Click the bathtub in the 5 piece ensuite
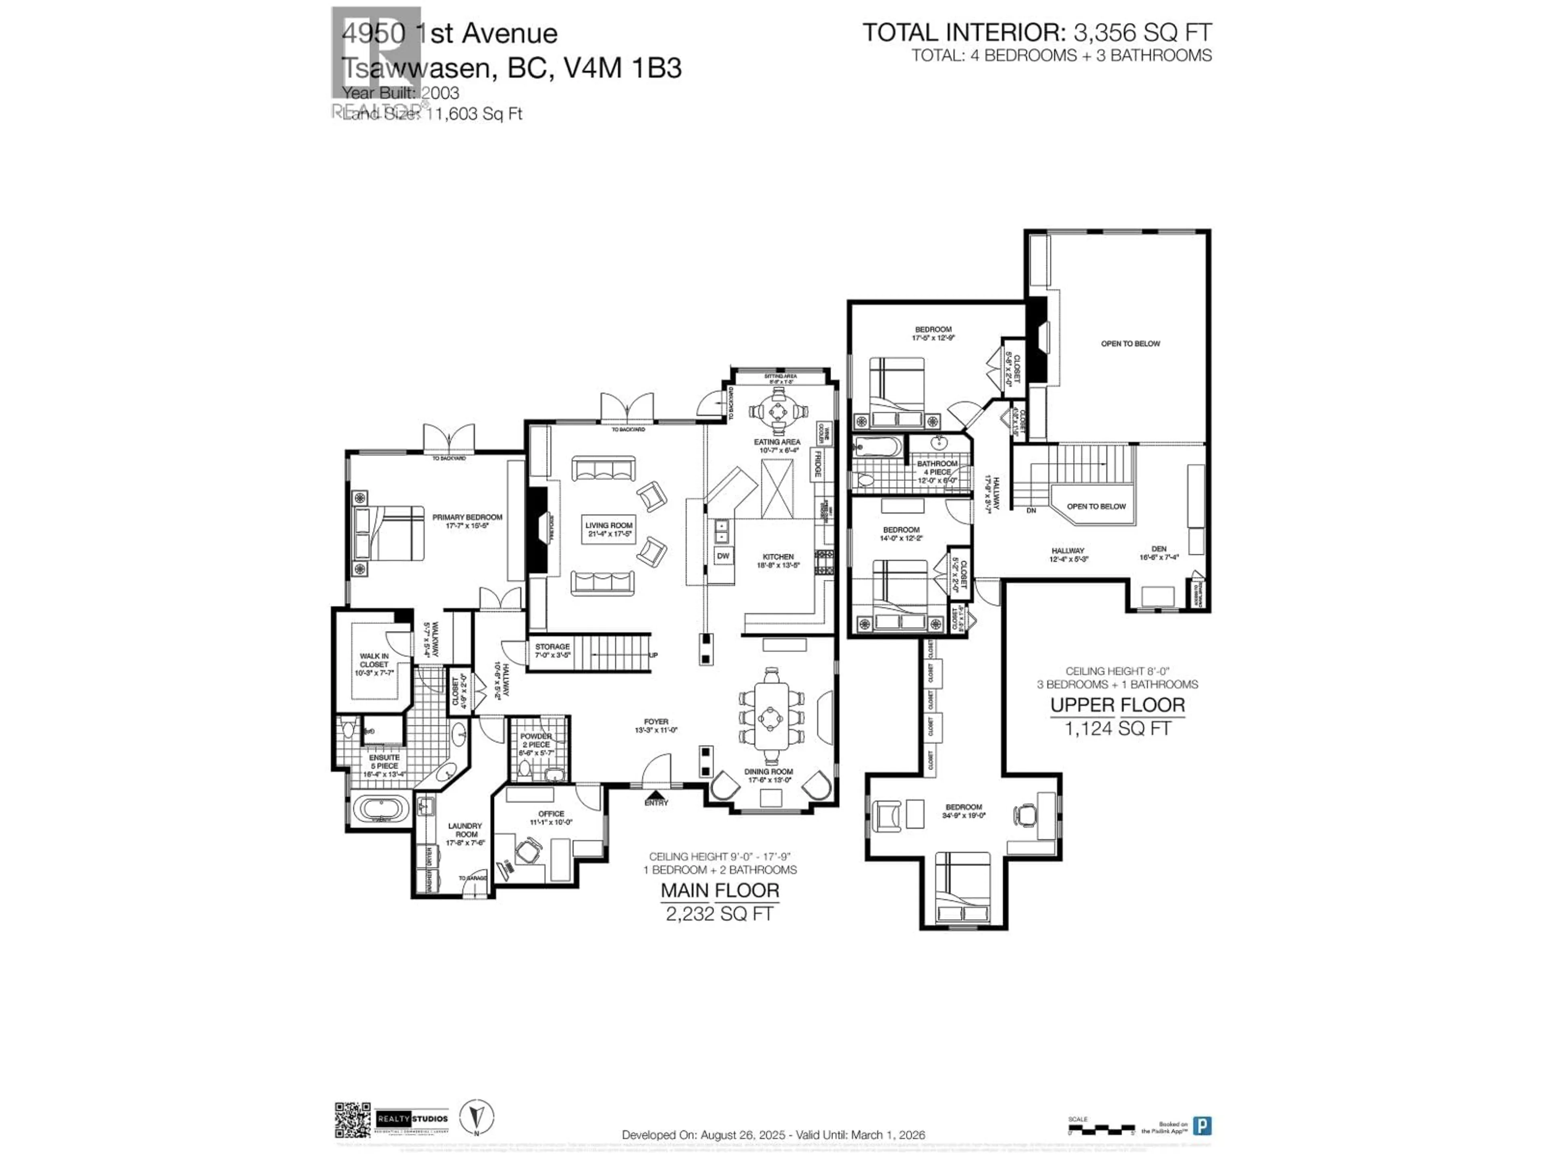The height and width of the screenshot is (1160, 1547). [380, 810]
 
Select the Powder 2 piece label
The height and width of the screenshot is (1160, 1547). [536, 740]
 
